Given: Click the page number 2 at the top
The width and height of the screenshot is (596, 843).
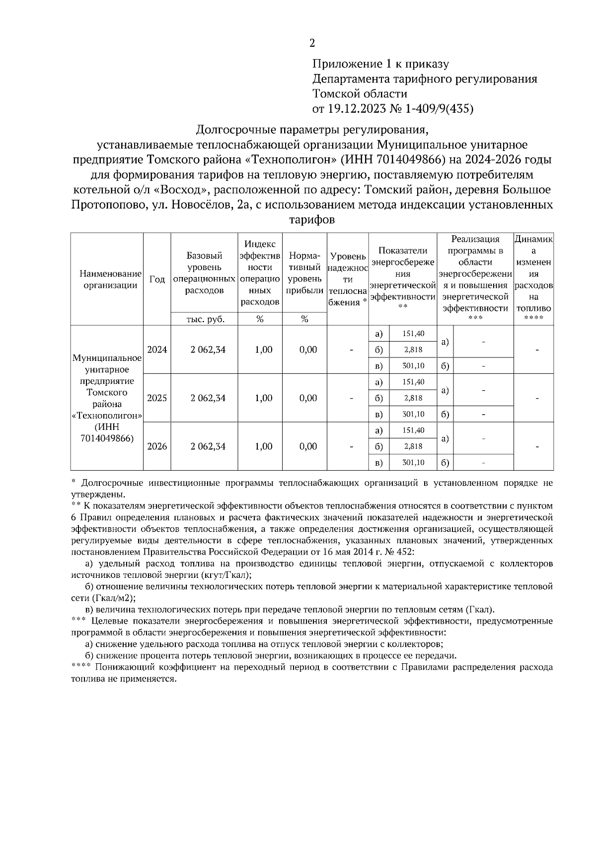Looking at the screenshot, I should [x=312, y=43].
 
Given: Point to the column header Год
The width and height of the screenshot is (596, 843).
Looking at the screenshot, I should [x=157, y=279].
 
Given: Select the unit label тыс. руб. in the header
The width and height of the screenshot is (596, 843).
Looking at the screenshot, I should [x=205, y=319].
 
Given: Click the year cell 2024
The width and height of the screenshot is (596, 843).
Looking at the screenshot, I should [x=157, y=350].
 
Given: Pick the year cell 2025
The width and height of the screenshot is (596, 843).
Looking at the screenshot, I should [x=157, y=398].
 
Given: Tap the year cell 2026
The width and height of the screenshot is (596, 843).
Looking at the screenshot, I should [x=157, y=446].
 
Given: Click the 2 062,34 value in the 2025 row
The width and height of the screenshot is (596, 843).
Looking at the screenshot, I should [x=208, y=398].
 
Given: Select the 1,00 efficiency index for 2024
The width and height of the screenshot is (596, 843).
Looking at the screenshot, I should [x=263, y=350].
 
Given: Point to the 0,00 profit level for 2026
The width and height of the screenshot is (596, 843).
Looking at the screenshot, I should [x=308, y=446].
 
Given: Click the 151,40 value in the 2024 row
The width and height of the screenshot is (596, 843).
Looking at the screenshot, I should [x=413, y=334].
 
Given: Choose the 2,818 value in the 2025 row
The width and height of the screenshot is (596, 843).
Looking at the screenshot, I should [x=413, y=398].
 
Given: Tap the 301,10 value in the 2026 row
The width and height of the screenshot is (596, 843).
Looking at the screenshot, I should [x=413, y=462].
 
